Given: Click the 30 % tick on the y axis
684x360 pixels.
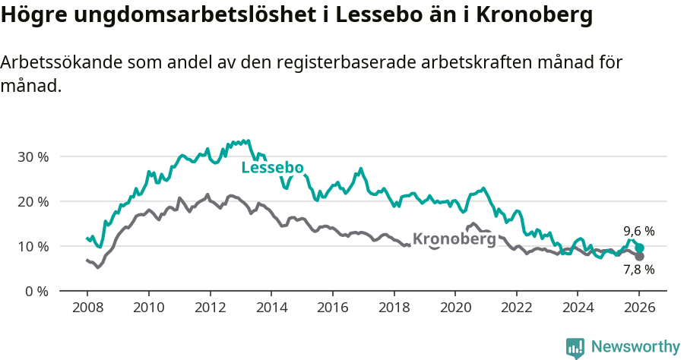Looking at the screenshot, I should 33,157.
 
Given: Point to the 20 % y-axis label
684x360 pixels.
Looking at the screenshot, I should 33,202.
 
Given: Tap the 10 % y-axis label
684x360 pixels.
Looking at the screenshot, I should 33,247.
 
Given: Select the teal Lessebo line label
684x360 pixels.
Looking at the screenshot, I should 272,168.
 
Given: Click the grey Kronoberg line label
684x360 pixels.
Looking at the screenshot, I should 454,239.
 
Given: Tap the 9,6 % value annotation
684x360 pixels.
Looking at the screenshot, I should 638,231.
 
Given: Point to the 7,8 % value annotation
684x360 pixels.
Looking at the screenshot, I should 638,270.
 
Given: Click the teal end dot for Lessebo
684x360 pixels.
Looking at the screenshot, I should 639,248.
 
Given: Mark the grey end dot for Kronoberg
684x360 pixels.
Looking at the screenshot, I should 639,257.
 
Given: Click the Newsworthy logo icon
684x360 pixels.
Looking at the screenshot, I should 575,347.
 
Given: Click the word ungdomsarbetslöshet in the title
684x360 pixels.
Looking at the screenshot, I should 174,16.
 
